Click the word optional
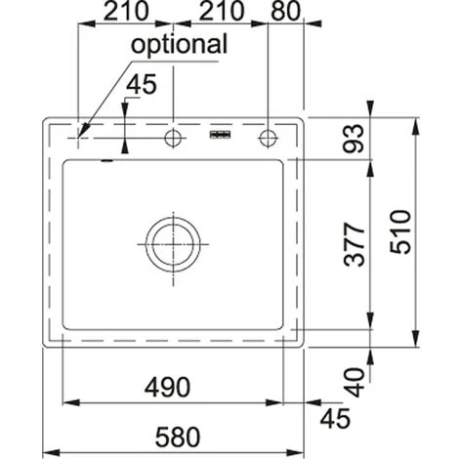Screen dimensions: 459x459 (x=179, y=45)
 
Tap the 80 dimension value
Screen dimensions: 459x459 (x=285, y=11)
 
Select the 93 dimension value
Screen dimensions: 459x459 (x=354, y=139)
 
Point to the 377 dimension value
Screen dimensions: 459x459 (x=355, y=244)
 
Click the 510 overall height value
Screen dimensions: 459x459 (x=400, y=231)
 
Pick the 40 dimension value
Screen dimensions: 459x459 (x=355, y=383)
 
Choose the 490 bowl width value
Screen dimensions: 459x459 (x=167, y=387)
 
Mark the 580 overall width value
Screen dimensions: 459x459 (x=178, y=437)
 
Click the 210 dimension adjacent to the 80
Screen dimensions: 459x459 (x=222, y=11)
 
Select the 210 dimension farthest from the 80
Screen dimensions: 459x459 (x=126, y=11)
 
